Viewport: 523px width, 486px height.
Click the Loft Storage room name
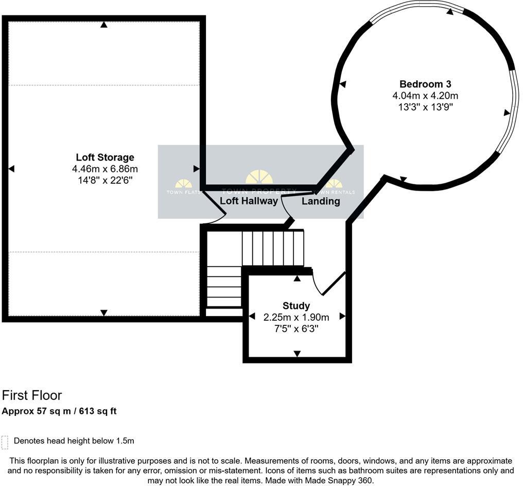pos(105,157)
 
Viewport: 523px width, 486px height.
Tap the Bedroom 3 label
pos(425,84)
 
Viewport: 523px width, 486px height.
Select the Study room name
pos(296,306)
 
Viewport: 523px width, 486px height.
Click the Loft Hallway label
pos(249,201)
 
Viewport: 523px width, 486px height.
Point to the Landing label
pos(321,201)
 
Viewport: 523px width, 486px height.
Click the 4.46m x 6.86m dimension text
pos(105,168)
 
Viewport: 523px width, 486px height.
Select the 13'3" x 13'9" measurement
pos(425,107)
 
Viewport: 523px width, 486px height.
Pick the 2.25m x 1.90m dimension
pos(296,317)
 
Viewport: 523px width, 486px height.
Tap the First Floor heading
pos(32,395)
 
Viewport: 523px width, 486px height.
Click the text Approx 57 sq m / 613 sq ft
pos(59,411)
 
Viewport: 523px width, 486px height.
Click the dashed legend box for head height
pos(5,442)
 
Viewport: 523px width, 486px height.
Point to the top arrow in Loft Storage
pos(104,24)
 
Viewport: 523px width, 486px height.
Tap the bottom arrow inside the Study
pos(297,353)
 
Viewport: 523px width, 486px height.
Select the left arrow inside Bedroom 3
pos(342,84)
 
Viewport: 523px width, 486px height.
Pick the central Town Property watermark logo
pos(259,178)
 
